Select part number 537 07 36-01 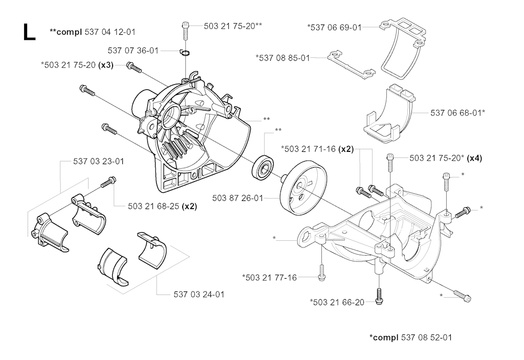point(133,51)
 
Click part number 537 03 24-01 point(199,294)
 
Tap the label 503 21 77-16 point(270,277)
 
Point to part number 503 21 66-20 point(337,302)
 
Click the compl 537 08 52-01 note point(410,337)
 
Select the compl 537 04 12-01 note point(93,32)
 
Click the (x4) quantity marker point(474,158)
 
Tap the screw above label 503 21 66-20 point(379,296)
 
